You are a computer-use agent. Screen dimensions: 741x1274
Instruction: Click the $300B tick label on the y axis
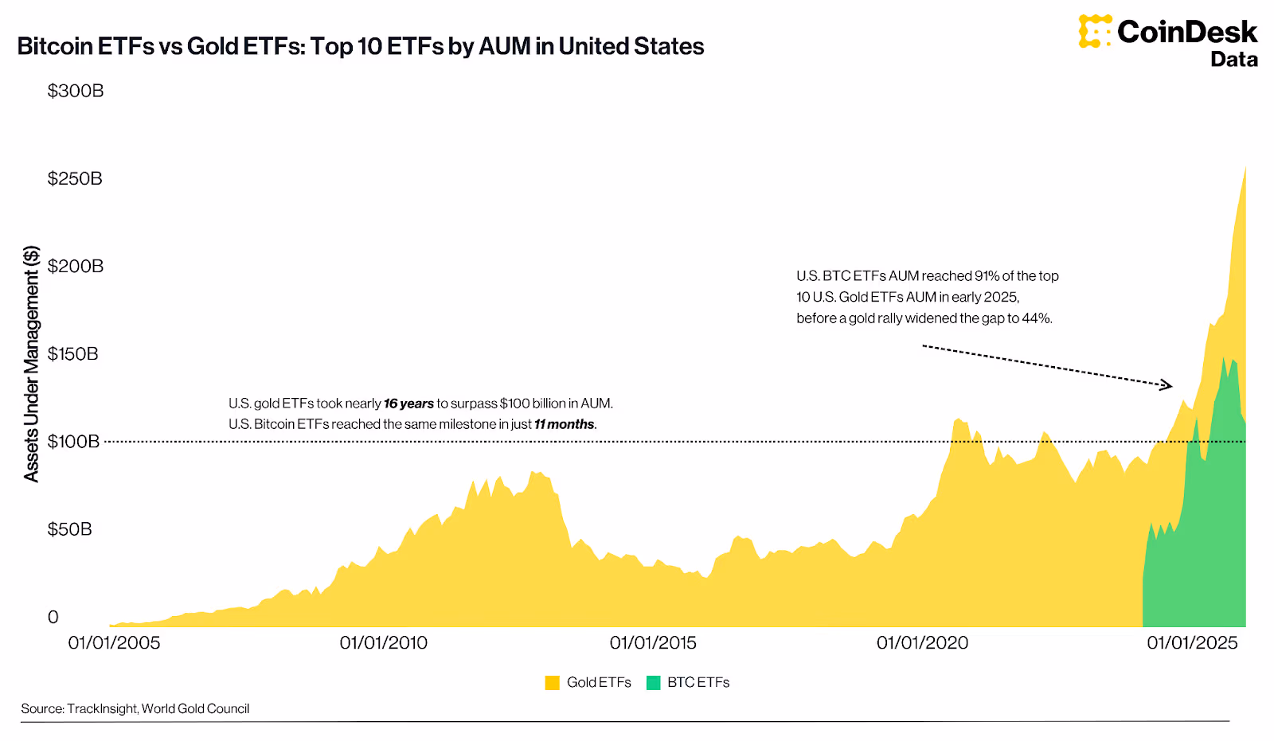coord(76,91)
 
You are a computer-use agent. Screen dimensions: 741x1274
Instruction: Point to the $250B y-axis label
coord(75,178)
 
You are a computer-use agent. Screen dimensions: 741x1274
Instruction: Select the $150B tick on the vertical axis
coord(72,353)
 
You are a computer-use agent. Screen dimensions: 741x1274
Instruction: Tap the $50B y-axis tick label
coord(69,529)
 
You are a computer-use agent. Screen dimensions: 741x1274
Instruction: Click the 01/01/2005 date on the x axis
coord(114,643)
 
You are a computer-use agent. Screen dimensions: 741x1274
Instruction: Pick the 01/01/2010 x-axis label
coord(383,643)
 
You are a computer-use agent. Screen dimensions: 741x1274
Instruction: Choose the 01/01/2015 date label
coord(653,643)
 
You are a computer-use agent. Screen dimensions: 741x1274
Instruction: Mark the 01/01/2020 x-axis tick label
coord(922,643)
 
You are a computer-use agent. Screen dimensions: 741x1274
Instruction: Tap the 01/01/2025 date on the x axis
coord(1192,643)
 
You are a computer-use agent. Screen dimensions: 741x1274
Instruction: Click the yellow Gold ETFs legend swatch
coord(552,683)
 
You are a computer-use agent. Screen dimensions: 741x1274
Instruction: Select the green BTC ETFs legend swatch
coord(654,683)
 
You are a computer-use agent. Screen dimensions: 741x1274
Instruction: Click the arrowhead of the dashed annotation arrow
coord(1167,386)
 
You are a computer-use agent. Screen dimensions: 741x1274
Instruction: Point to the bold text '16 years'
coord(408,404)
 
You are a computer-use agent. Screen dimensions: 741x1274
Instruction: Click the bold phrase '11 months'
coord(565,425)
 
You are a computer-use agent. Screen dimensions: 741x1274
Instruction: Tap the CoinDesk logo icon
coord(1095,31)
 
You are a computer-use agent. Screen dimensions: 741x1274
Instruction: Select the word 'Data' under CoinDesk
coord(1233,60)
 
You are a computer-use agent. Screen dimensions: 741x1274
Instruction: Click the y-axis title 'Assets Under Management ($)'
coord(31,364)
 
